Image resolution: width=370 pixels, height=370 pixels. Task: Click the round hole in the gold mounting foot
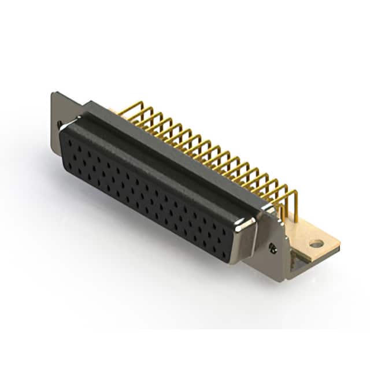[x=316, y=243]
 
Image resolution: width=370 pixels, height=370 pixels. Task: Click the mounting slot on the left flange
[x=60, y=124]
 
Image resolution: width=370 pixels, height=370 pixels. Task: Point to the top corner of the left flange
[x=53, y=94]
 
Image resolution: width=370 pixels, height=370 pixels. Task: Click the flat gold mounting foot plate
[x=324, y=243]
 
